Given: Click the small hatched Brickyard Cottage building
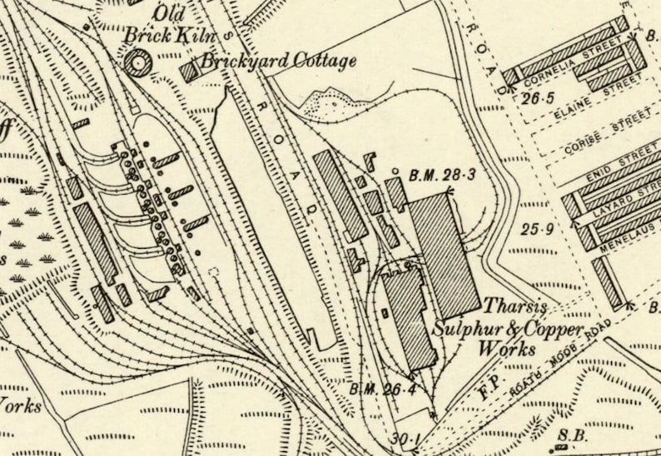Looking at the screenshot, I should (x=191, y=72).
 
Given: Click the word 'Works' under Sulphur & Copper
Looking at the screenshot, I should (x=505, y=350).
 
